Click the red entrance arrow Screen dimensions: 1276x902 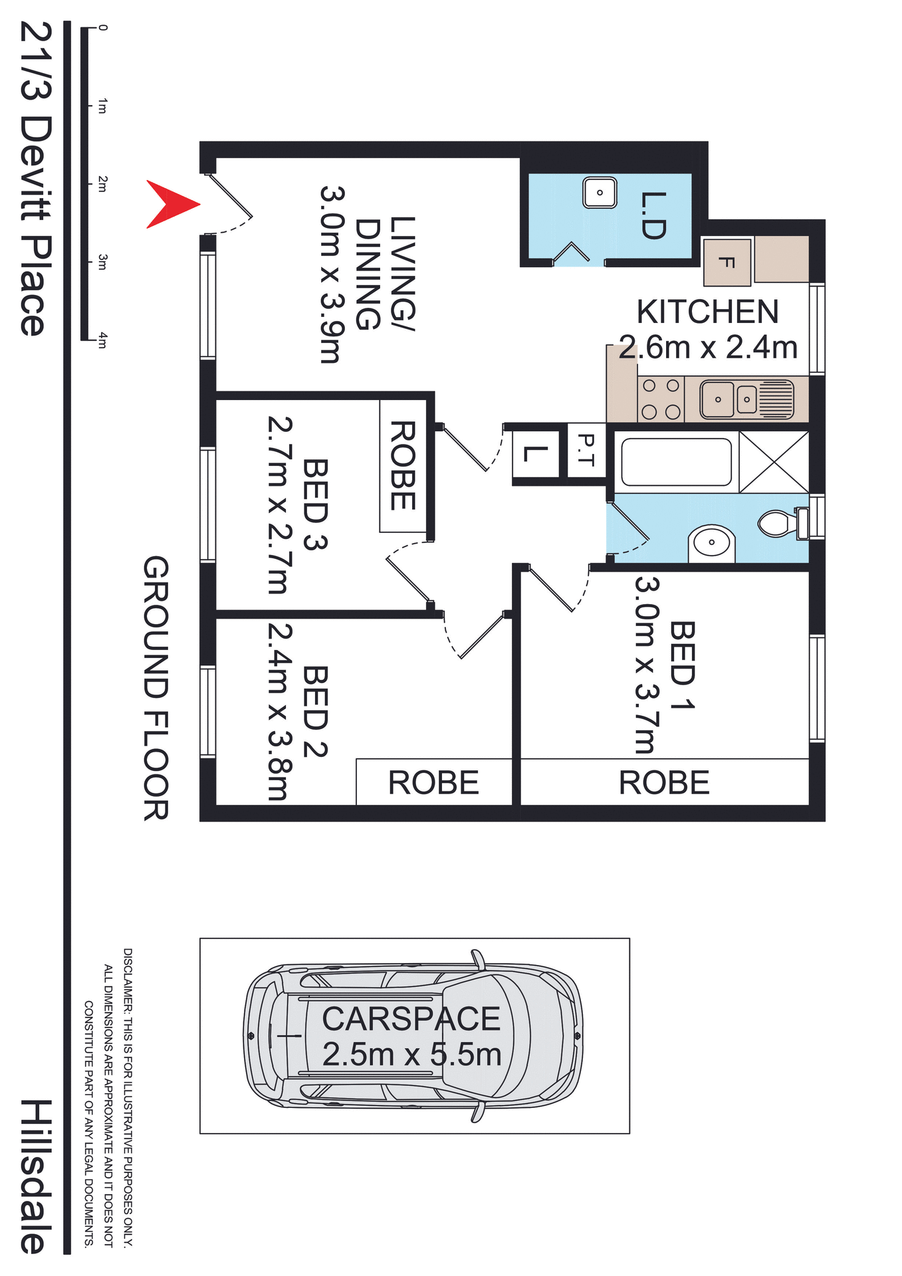169,204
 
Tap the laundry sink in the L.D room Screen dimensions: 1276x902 600,193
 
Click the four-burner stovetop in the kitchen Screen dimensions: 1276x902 661,399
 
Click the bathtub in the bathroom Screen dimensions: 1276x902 676,462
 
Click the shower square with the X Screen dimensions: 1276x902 774,462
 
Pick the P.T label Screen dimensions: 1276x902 586,450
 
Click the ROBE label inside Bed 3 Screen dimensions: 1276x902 403,465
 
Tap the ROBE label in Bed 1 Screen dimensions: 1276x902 664,782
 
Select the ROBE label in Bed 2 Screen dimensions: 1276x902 433,782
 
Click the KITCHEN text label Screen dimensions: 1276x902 707,312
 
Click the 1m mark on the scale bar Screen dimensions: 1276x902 102,106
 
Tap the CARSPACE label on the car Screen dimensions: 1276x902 411,1019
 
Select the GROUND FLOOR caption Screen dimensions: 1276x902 157,688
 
